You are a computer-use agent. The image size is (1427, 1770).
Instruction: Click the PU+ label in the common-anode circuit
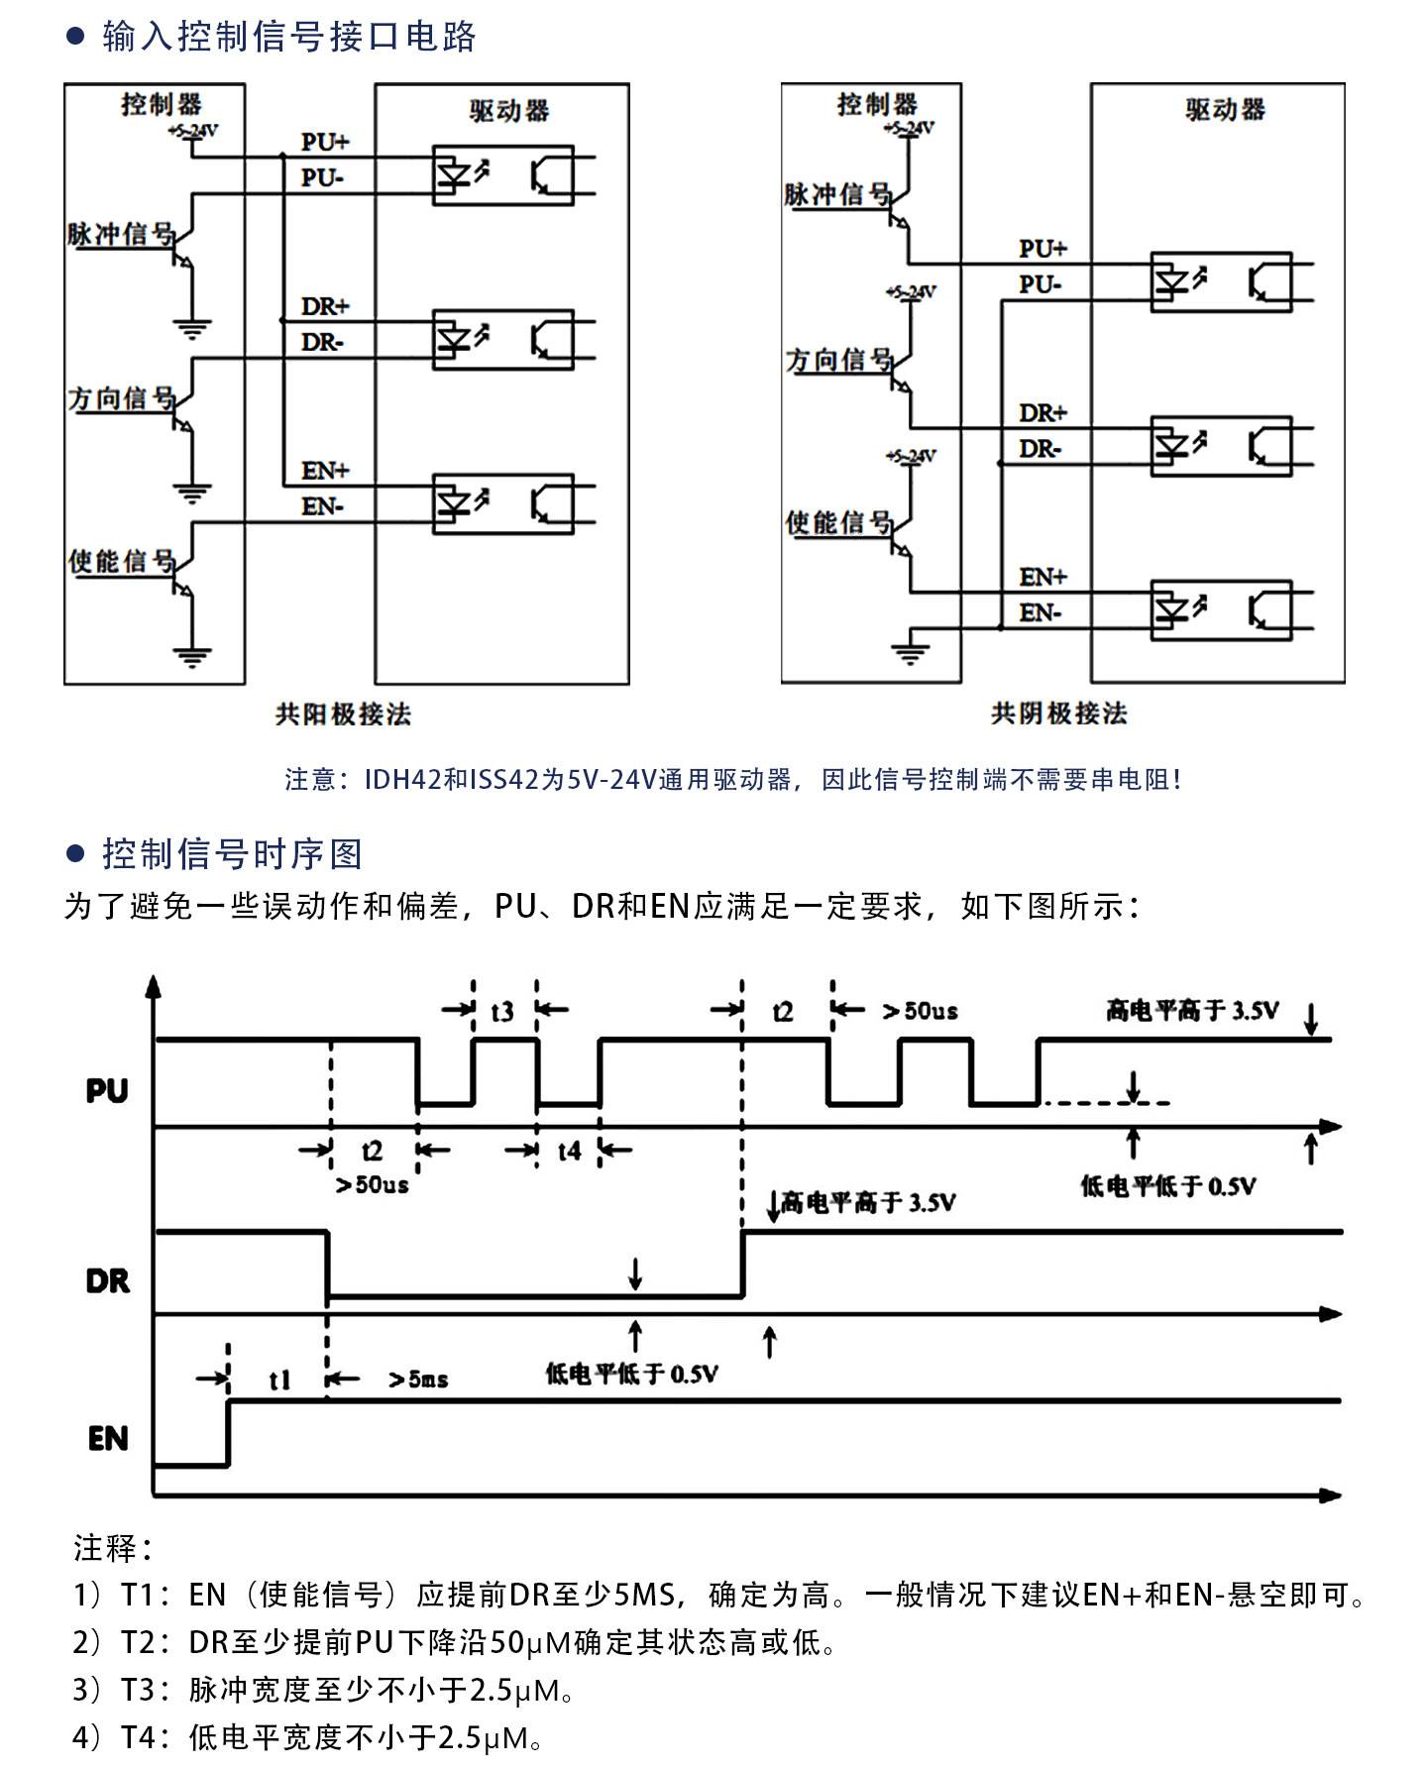(x=325, y=142)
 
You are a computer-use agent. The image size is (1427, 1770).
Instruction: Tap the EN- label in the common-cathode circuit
(x=1041, y=613)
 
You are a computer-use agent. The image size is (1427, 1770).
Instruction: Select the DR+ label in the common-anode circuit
(x=325, y=306)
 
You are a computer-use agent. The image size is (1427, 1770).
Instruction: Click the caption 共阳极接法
(x=343, y=714)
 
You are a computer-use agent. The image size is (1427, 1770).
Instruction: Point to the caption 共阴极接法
(x=1059, y=714)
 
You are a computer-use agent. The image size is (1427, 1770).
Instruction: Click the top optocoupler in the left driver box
(x=503, y=175)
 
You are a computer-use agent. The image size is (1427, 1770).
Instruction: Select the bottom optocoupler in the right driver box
(x=1221, y=610)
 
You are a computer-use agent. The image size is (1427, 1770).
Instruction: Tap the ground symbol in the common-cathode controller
(x=911, y=650)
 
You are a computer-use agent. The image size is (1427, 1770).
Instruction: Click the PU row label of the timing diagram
(x=107, y=1091)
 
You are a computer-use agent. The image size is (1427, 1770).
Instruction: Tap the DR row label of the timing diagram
(x=108, y=1281)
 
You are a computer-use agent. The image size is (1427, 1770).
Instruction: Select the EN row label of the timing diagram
(x=108, y=1438)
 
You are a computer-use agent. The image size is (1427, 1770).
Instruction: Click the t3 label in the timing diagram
(x=502, y=1011)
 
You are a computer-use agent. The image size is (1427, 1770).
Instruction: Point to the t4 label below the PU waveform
(x=569, y=1151)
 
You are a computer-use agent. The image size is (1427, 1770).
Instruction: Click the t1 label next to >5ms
(x=280, y=1380)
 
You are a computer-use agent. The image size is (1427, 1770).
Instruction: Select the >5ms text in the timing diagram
(x=418, y=1380)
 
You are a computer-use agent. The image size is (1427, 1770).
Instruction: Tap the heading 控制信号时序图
(x=233, y=854)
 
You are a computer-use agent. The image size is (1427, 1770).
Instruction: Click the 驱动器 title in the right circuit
(x=1226, y=110)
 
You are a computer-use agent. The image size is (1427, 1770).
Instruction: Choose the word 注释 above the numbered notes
(x=106, y=1547)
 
